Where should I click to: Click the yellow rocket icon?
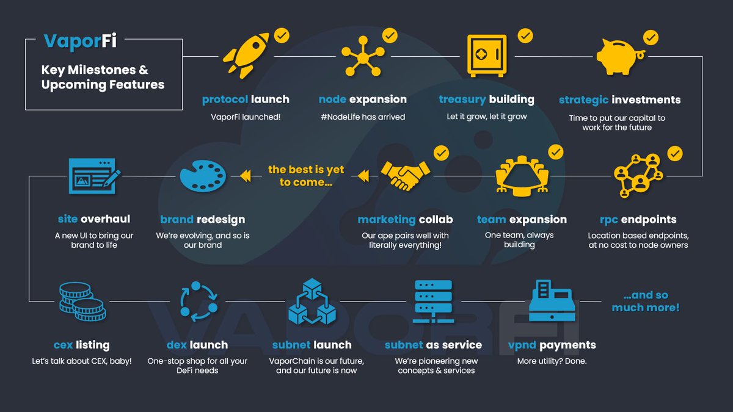pyautogui.click(x=247, y=57)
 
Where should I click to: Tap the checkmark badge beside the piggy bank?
pyautogui.click(x=651, y=38)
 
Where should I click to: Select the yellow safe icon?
pyautogui.click(x=487, y=56)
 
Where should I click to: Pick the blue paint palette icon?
pyautogui.click(x=203, y=176)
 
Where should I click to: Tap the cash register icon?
pyautogui.click(x=552, y=301)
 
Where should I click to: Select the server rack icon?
pyautogui.click(x=432, y=301)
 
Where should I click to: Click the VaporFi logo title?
pyautogui.click(x=80, y=42)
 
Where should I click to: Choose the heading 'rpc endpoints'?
pyautogui.click(x=638, y=220)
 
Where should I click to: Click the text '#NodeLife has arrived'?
pyautogui.click(x=363, y=117)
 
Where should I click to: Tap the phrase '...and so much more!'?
pyautogui.click(x=646, y=302)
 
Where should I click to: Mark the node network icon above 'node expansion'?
pyautogui.click(x=362, y=57)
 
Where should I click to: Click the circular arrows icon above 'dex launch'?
pyautogui.click(x=198, y=301)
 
